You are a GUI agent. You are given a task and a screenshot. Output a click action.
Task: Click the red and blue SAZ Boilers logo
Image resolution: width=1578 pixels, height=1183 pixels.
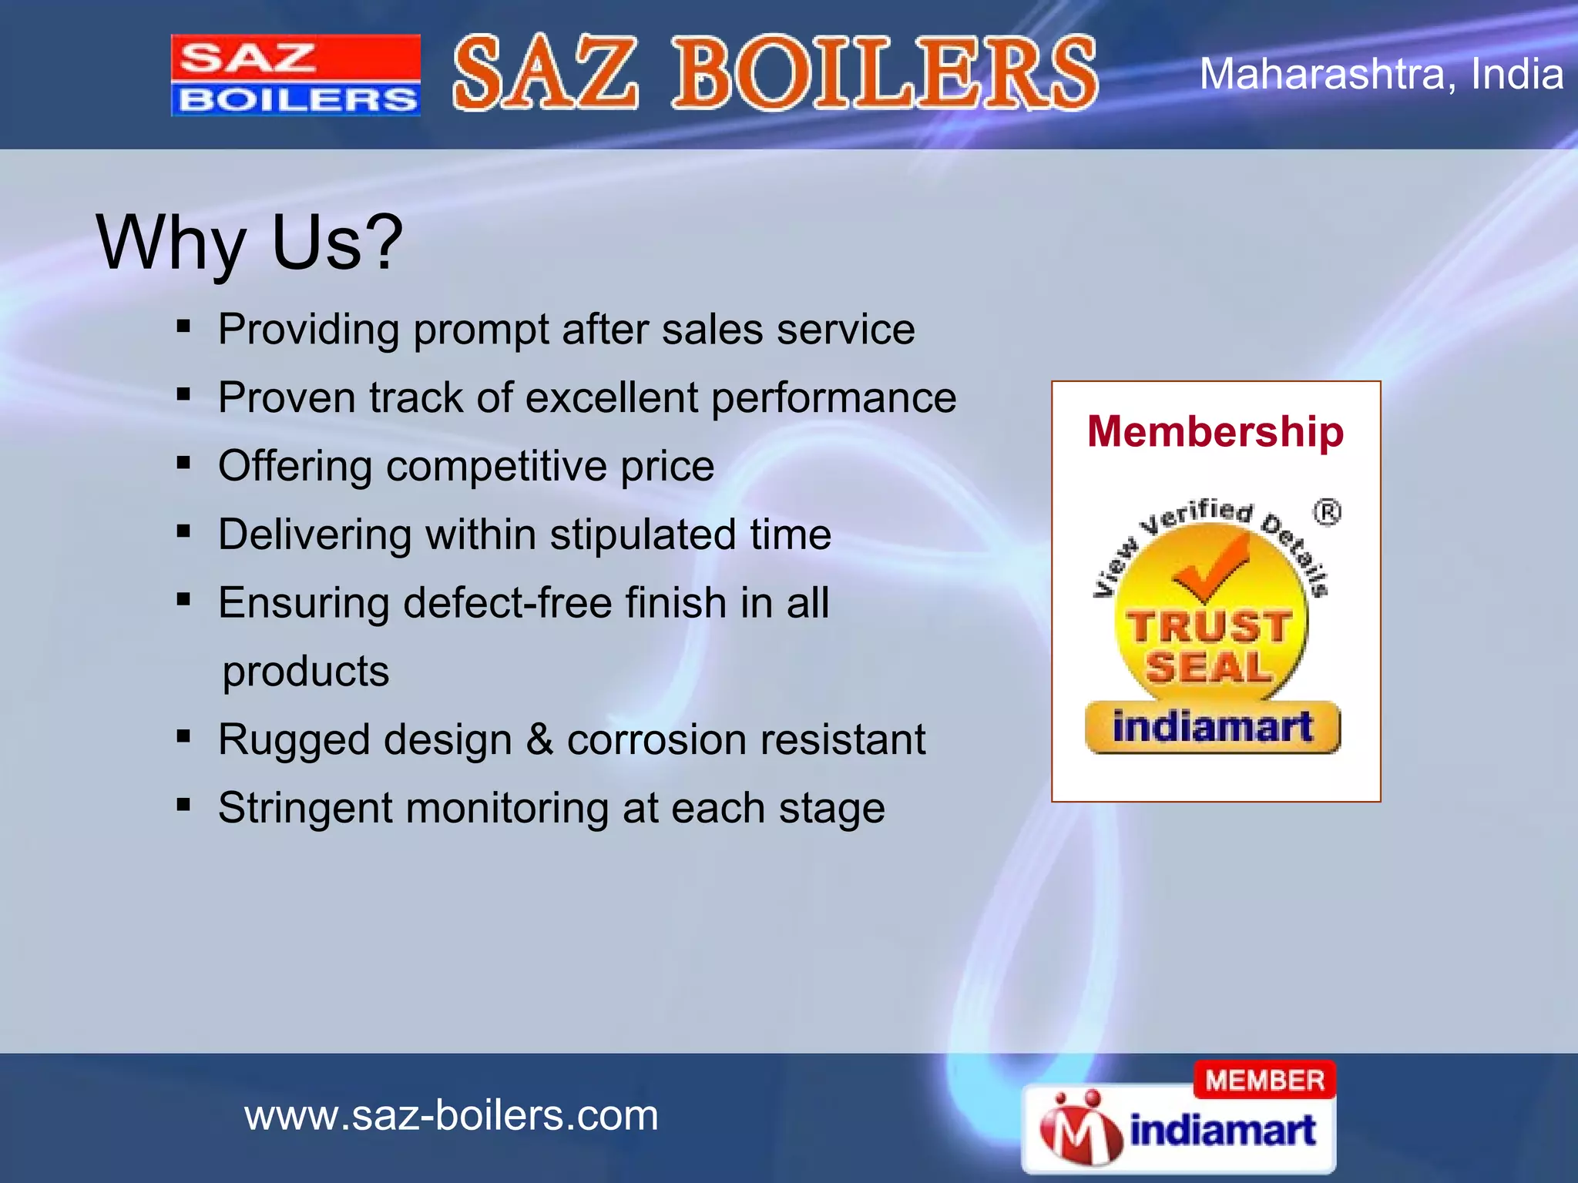tap(296, 75)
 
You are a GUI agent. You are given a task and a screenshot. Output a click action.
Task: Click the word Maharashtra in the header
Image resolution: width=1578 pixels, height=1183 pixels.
tap(1321, 75)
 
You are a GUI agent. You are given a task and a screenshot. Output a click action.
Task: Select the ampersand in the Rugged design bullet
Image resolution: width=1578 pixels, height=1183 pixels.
tap(539, 739)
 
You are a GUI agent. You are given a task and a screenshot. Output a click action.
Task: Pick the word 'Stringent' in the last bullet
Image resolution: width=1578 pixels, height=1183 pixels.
tap(305, 808)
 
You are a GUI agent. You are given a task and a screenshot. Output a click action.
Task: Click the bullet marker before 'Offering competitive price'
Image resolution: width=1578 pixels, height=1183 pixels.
tap(183, 464)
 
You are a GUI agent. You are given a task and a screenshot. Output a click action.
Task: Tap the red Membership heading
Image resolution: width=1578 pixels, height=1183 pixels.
tap(1215, 431)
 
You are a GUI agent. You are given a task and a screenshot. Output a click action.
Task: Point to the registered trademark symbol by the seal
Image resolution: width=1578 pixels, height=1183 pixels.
tap(1327, 512)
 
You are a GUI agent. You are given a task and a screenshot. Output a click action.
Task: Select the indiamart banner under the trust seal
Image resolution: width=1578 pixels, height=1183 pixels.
tap(1212, 727)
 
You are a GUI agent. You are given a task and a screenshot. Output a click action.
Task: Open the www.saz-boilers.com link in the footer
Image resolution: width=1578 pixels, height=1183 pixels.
tap(451, 1115)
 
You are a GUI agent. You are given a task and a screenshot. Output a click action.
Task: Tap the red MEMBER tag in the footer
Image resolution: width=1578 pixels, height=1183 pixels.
tap(1264, 1080)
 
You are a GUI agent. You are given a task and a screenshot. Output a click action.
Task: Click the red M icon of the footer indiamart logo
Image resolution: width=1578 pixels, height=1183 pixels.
tap(1080, 1128)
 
